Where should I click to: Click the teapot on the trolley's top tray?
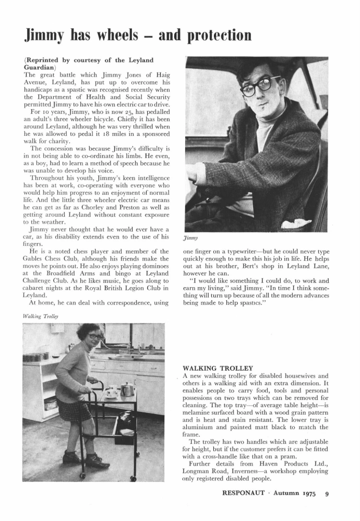(x=126, y=389)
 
